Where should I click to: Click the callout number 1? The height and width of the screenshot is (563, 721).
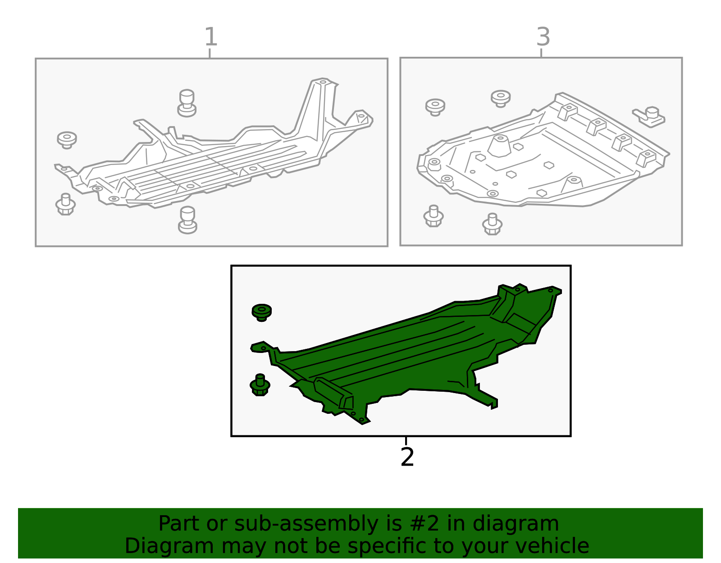click(x=211, y=37)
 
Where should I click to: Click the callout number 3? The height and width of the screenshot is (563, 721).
click(x=543, y=37)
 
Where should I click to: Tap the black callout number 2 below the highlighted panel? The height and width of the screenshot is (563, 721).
click(x=407, y=457)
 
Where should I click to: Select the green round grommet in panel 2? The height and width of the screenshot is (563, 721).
click(x=262, y=312)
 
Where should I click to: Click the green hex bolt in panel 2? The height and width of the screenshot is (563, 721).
click(x=260, y=385)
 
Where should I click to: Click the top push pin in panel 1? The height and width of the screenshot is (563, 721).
click(x=187, y=103)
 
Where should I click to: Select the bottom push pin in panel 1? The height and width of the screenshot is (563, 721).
click(x=187, y=220)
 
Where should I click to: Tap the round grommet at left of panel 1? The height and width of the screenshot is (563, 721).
click(x=67, y=140)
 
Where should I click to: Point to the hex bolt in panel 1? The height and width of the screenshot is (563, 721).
click(x=65, y=204)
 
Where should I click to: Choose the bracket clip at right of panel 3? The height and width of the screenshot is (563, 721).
click(x=649, y=117)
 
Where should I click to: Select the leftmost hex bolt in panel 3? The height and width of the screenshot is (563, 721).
click(x=434, y=215)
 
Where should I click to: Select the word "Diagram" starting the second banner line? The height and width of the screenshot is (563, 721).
click(x=169, y=546)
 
